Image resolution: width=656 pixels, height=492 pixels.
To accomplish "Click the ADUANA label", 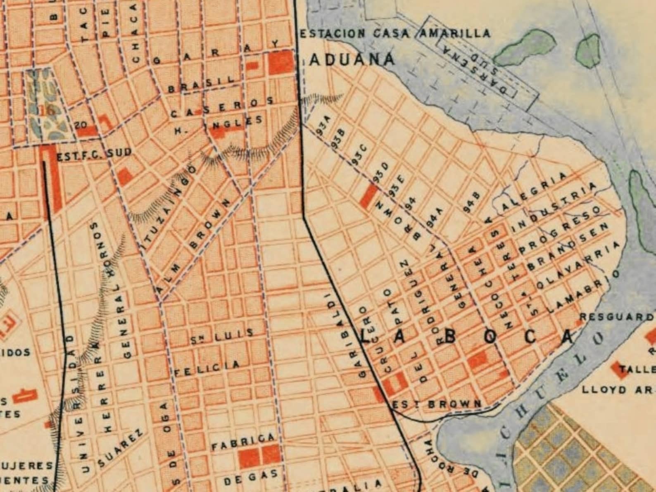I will (352, 60).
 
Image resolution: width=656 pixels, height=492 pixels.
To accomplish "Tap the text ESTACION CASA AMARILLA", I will (395, 33).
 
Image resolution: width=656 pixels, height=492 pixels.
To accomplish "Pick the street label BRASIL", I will (201, 85).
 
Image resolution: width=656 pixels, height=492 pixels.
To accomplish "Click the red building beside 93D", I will (368, 196).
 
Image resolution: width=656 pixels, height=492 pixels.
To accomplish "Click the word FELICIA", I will (207, 368).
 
